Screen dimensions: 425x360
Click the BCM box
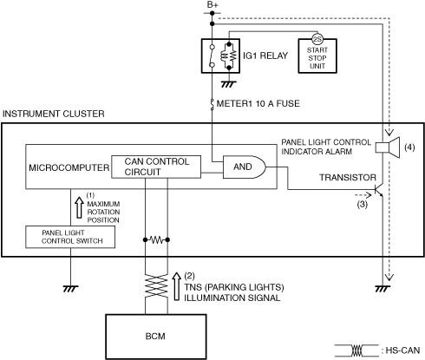(x=155, y=337)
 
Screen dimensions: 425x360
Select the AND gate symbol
(x=244, y=167)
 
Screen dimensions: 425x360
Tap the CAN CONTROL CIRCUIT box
(x=156, y=167)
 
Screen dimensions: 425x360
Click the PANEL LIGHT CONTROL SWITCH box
(x=70, y=237)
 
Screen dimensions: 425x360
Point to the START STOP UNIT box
(x=317, y=56)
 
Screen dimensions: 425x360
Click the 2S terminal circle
(x=317, y=39)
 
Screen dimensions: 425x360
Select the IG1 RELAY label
(x=265, y=56)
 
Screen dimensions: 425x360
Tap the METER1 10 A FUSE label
(x=258, y=103)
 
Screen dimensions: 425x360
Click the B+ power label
(x=212, y=4)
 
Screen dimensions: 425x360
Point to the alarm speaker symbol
(x=388, y=147)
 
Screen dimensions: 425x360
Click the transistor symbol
(x=378, y=190)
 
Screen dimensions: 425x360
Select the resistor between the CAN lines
(x=156, y=239)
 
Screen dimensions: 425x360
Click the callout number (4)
(x=409, y=147)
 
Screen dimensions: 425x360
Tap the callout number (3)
(x=362, y=205)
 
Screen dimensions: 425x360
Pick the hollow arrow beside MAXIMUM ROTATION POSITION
(x=79, y=207)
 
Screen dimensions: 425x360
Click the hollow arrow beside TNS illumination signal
(x=176, y=286)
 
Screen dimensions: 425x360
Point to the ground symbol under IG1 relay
(x=229, y=84)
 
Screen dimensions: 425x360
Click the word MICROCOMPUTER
(x=69, y=167)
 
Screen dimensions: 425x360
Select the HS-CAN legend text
(x=402, y=350)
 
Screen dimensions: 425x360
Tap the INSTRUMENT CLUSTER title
(x=54, y=114)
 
